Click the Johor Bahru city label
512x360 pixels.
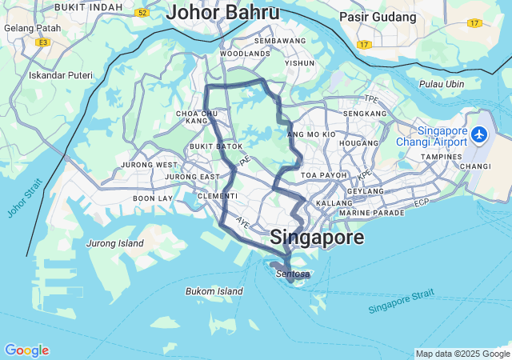click(x=223, y=14)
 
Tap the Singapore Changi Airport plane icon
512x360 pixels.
click(x=479, y=134)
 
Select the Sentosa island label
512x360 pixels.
click(x=292, y=274)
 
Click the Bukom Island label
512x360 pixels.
click(x=214, y=291)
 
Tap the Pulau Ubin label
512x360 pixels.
click(x=441, y=84)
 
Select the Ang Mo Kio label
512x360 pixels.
click(x=311, y=134)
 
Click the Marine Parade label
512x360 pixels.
click(x=371, y=213)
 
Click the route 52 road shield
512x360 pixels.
click(x=142, y=13)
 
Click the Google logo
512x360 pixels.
click(x=26, y=350)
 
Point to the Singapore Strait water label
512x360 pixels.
click(x=402, y=302)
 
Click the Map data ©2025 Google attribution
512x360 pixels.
click(x=462, y=354)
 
